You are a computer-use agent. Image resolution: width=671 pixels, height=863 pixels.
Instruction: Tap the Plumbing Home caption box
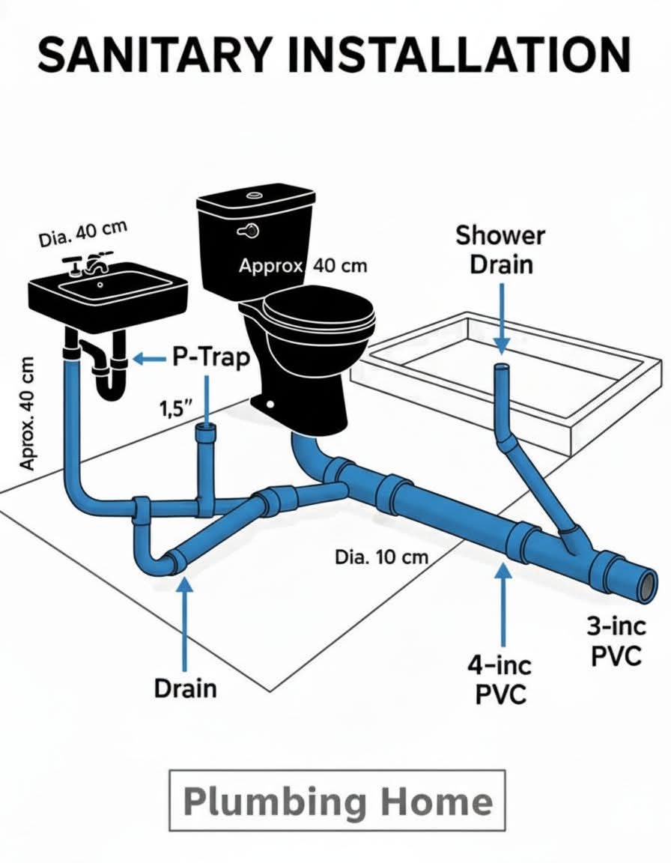click(337, 800)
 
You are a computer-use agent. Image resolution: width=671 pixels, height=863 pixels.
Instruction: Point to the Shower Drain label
click(500, 249)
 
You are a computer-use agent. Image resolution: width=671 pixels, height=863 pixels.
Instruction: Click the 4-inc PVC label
click(501, 679)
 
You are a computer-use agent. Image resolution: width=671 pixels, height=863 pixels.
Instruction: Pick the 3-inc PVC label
click(615, 641)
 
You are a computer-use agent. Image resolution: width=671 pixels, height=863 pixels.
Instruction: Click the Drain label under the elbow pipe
click(185, 688)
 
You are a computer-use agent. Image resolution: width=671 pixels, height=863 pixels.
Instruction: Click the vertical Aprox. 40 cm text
click(27, 414)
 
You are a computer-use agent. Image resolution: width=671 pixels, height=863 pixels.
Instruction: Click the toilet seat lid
click(318, 312)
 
